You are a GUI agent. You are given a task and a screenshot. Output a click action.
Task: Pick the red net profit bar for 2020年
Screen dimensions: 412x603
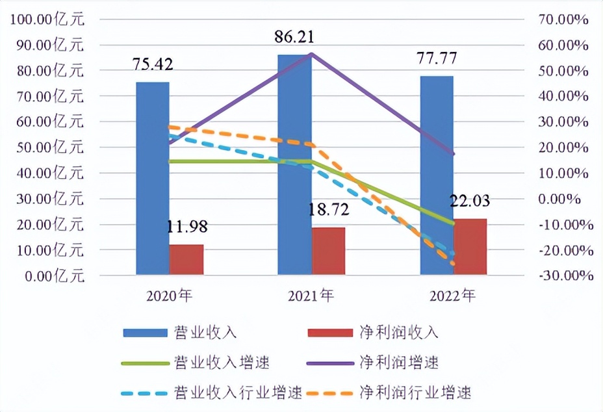tap(186, 259)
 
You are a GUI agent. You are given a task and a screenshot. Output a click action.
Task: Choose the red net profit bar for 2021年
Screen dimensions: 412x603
tap(328, 251)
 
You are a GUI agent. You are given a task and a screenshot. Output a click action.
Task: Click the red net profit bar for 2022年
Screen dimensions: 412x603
tap(470, 247)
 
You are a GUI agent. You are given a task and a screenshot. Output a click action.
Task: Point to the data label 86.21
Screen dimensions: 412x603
tap(294, 37)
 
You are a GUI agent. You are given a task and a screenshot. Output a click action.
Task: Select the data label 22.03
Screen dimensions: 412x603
tap(469, 201)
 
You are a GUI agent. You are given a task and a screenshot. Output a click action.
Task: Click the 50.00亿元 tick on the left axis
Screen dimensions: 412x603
tap(49, 148)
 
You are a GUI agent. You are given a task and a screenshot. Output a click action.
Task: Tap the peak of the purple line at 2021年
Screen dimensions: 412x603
tap(312, 53)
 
